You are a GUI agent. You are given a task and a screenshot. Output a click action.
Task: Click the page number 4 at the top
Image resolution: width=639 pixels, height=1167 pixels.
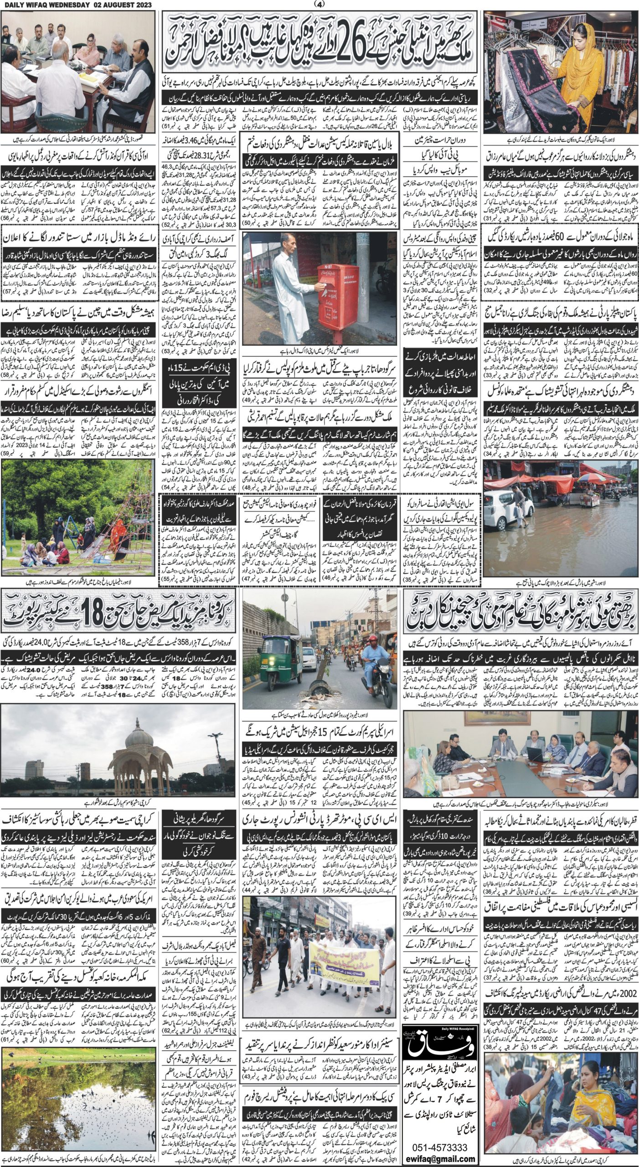click(x=319, y=4)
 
